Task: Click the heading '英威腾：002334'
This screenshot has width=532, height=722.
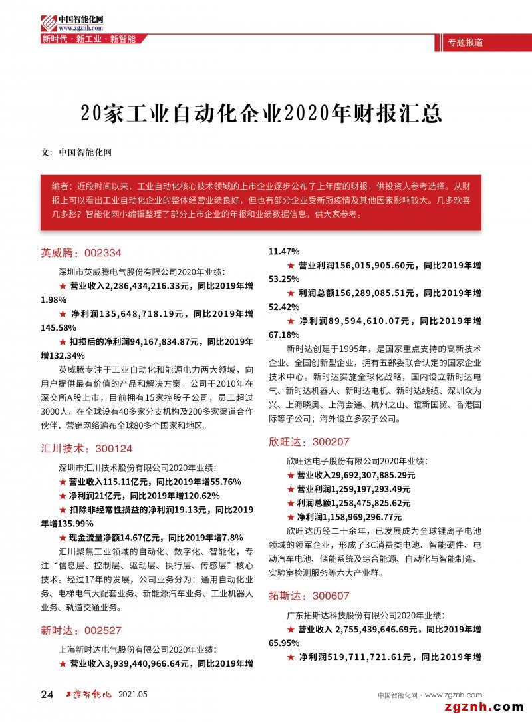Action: [81, 253]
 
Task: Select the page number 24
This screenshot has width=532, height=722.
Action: [47, 695]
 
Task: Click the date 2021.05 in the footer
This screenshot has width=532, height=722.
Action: [132, 695]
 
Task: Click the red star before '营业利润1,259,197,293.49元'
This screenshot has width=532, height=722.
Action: [290, 489]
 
